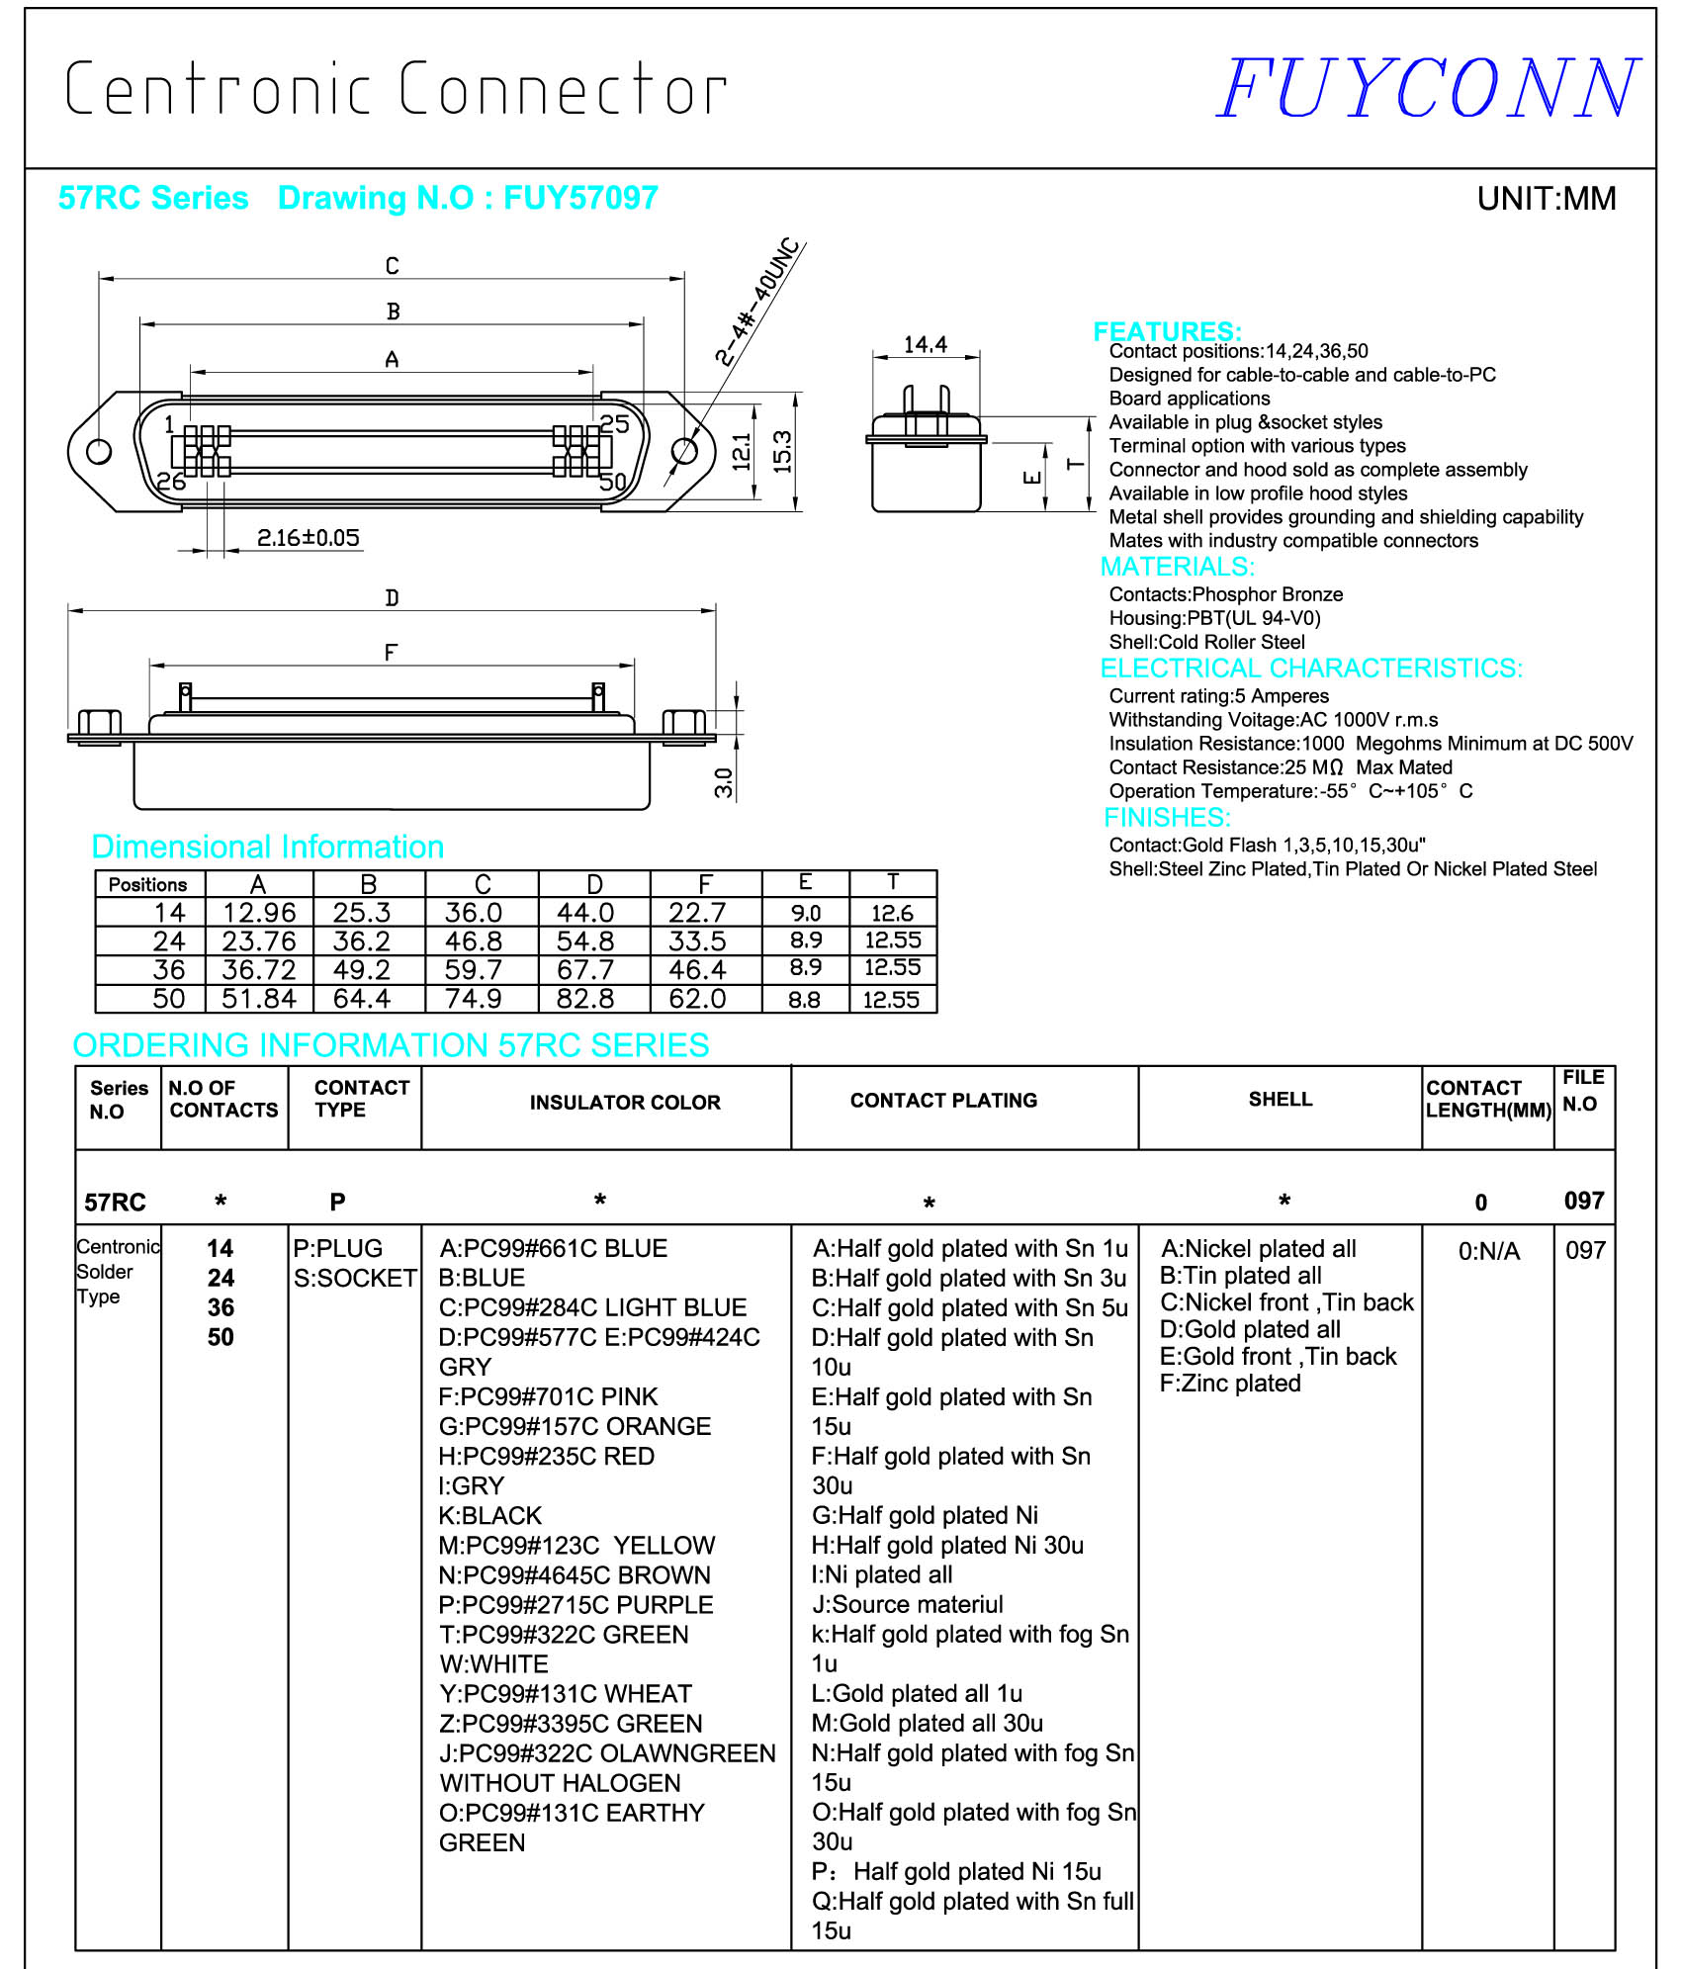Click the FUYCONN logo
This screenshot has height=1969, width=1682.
[x=1427, y=89]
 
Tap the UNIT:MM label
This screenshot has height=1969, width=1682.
[x=1546, y=199]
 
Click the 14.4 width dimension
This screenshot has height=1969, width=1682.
[x=925, y=344]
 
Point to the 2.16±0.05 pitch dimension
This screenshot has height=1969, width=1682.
[x=308, y=538]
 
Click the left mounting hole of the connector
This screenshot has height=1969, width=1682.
[x=99, y=452]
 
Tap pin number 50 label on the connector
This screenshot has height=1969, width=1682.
[x=613, y=482]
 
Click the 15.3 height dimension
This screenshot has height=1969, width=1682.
[x=782, y=451]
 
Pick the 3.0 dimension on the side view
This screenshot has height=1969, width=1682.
[x=724, y=782]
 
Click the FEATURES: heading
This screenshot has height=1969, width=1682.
[x=1167, y=331]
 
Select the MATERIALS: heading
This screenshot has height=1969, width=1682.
[x=1177, y=567]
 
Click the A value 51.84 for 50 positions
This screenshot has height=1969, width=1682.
[x=258, y=999]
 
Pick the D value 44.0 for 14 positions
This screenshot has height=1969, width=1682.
[x=584, y=913]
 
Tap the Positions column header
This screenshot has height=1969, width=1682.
[x=148, y=884]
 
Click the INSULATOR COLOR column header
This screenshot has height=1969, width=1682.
[x=625, y=1103]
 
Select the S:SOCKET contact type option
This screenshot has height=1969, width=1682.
[x=355, y=1278]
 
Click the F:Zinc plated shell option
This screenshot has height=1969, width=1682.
[x=1230, y=1384]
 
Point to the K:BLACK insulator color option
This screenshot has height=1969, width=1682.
[x=490, y=1515]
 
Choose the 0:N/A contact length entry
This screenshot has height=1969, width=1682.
[x=1488, y=1251]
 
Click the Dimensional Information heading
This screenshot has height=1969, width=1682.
[x=267, y=847]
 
